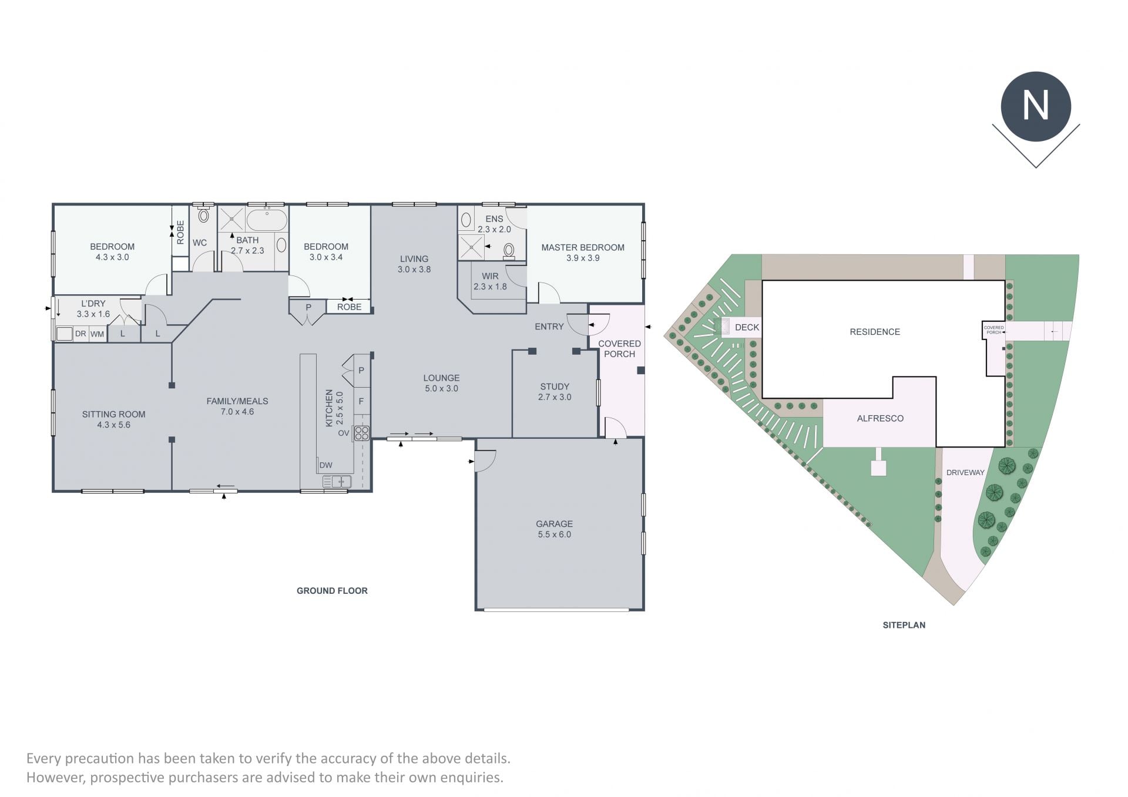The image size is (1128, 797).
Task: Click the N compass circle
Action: coord(1036,106)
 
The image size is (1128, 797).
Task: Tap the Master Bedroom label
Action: coord(583,248)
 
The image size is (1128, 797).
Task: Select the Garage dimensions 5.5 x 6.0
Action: coord(554,534)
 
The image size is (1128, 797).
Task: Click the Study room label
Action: coord(555,386)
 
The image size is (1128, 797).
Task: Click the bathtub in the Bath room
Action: coord(267,220)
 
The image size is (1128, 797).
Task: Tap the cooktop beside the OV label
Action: coord(361,433)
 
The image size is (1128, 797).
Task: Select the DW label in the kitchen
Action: coord(326,465)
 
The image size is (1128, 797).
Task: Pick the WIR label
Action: coord(490,276)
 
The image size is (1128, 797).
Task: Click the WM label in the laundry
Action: coord(97,334)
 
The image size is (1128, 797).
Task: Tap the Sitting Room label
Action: coord(113,415)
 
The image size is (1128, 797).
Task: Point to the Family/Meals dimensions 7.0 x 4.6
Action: coord(237,412)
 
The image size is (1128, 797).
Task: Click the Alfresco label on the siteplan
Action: coord(880,419)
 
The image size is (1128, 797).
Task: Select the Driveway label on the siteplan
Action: coord(965,472)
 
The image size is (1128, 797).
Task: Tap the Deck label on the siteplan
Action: coord(747,328)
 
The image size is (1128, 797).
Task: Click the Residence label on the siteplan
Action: coord(875,332)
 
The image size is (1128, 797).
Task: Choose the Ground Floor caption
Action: coord(332,591)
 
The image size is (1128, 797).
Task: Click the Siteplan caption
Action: coord(904,625)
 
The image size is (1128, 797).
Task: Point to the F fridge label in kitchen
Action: coord(361,401)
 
